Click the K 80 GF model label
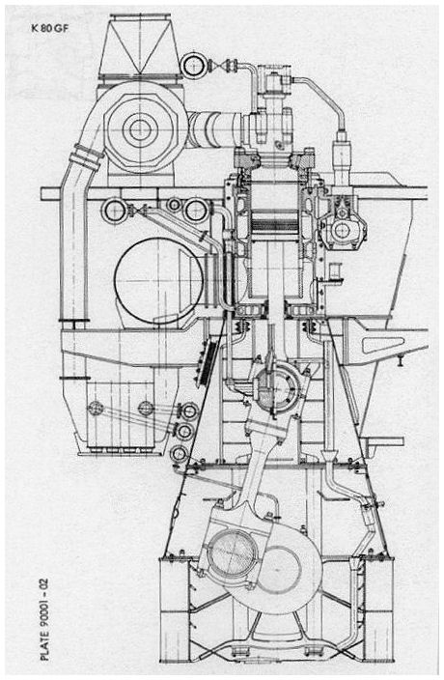coord(49,29)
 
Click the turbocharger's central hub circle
coord(140,128)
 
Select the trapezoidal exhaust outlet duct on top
coord(140,45)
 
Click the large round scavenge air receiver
coord(158,280)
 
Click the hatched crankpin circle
coord(233,553)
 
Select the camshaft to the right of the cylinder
coord(343,230)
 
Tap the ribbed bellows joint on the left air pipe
coord(87,156)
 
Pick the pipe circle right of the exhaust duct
coord(194,66)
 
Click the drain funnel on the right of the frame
coord(329,455)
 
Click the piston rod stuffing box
coord(276,310)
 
